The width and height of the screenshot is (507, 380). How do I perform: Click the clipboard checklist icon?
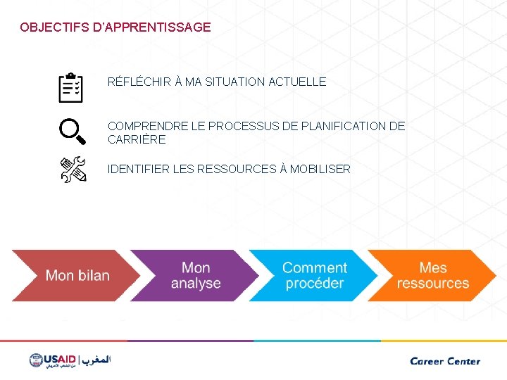[x=71, y=87]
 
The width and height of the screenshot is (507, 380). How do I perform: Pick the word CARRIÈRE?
[x=137, y=139]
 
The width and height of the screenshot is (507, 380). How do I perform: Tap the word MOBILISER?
[x=320, y=169]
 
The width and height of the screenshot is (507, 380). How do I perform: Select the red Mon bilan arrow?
[x=74, y=275]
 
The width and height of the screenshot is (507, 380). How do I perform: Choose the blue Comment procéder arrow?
[x=314, y=275]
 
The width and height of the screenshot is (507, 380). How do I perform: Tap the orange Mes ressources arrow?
[x=432, y=275]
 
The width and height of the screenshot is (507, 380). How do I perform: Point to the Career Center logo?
[x=445, y=361]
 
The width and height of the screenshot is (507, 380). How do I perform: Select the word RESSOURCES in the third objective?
[x=239, y=169]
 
